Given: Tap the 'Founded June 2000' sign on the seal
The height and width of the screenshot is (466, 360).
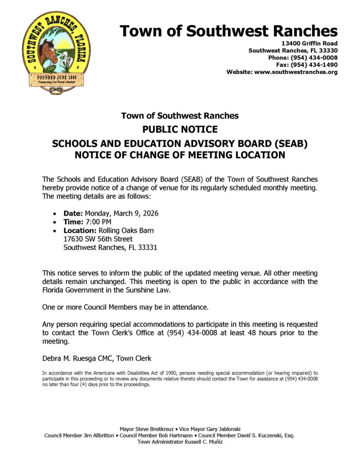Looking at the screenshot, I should point(56,78).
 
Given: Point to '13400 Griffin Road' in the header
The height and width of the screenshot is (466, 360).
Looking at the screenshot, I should point(309,43).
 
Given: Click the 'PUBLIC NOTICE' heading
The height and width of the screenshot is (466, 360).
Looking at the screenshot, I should point(180,129).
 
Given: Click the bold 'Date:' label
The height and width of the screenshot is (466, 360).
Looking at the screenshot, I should point(73,213).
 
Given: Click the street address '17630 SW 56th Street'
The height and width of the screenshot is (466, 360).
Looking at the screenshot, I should point(98,239).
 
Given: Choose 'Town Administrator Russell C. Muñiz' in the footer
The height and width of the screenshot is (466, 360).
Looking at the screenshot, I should point(180,442).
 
